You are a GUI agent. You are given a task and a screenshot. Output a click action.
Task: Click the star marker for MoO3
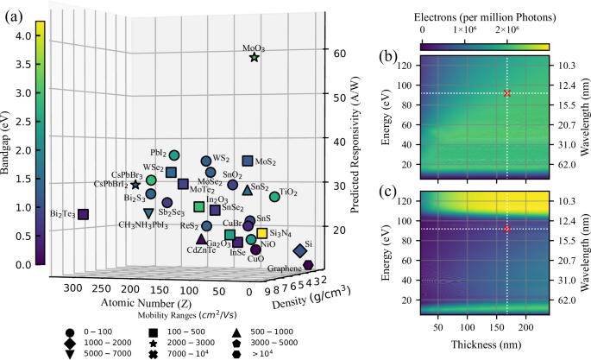[254, 57]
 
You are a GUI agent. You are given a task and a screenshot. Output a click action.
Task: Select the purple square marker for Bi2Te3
[83, 214]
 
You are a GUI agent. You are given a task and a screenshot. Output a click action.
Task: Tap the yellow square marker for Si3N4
[261, 233]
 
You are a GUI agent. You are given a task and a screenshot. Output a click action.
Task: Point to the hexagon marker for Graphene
[308, 265]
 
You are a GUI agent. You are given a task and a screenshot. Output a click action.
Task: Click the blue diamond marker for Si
[299, 250]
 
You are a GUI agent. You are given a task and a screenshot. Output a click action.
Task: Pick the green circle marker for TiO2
[275, 197]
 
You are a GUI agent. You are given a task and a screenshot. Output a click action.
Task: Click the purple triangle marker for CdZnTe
[201, 239]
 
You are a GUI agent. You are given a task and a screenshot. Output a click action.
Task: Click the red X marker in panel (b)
[507, 93]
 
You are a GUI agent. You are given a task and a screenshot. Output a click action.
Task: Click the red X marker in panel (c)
[507, 229]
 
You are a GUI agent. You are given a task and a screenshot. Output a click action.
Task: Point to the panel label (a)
[15, 15]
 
